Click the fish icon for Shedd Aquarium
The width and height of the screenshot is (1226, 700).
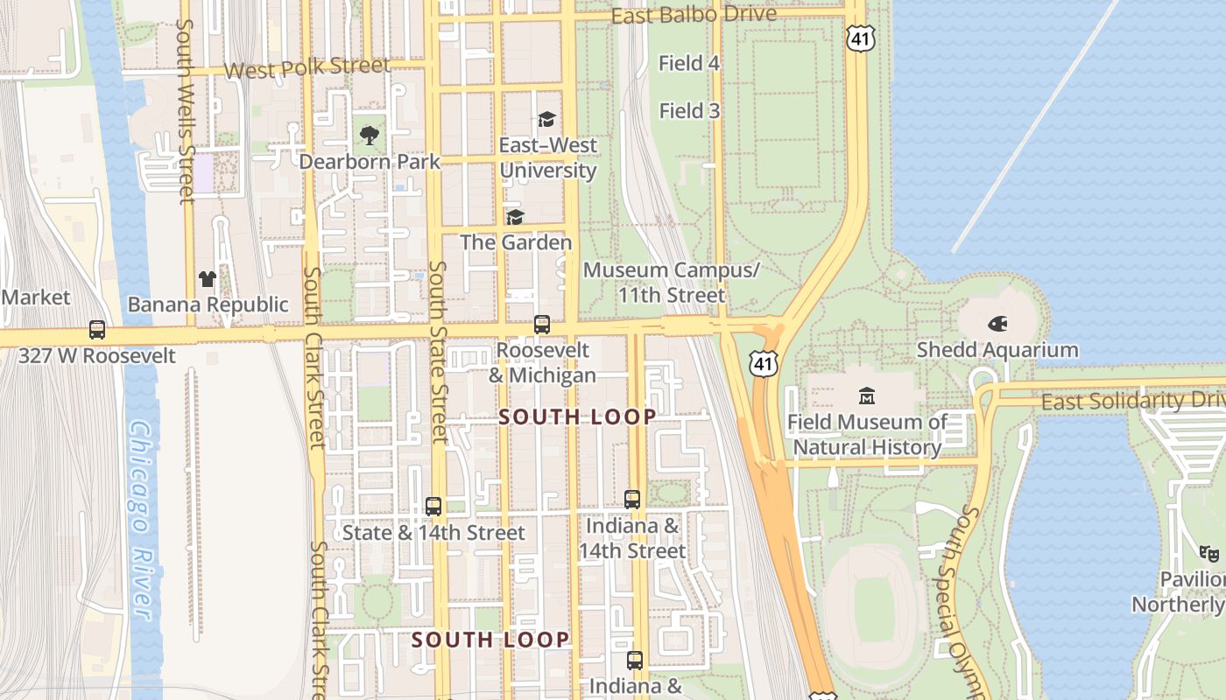click(x=997, y=324)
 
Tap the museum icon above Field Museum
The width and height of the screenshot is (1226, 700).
click(x=867, y=395)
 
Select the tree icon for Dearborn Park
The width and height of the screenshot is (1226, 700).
click(x=370, y=136)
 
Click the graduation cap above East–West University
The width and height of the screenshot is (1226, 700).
click(x=547, y=119)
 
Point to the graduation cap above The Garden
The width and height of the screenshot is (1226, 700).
click(x=515, y=216)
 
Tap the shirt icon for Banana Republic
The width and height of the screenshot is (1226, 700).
click(x=207, y=279)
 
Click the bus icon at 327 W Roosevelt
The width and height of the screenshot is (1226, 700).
click(x=97, y=330)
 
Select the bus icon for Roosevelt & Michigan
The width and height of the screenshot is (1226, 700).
click(x=542, y=324)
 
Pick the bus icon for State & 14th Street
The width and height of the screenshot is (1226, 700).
click(x=433, y=506)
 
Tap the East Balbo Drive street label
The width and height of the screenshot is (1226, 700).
click(x=694, y=16)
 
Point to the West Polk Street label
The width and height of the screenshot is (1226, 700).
click(x=306, y=67)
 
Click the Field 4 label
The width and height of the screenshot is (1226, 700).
click(x=689, y=63)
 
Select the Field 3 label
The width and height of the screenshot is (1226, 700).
click(x=689, y=111)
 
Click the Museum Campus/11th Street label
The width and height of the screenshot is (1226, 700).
click(x=672, y=283)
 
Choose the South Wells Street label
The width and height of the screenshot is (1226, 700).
click(x=185, y=112)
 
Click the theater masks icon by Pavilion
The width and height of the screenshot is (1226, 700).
click(x=1209, y=553)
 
